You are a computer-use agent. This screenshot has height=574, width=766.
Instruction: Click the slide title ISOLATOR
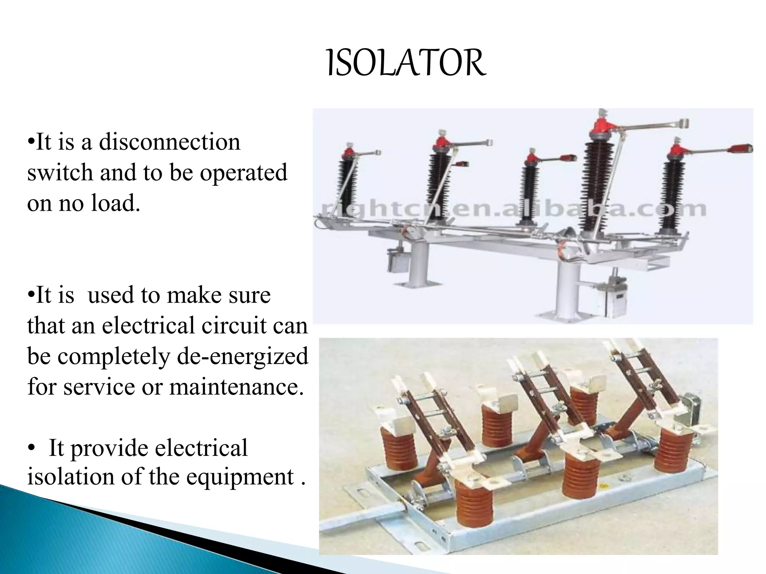[x=406, y=64]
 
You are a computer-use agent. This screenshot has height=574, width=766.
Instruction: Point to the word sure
[x=249, y=295]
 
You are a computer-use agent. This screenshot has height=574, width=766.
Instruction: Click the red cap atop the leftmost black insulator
[x=349, y=151]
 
